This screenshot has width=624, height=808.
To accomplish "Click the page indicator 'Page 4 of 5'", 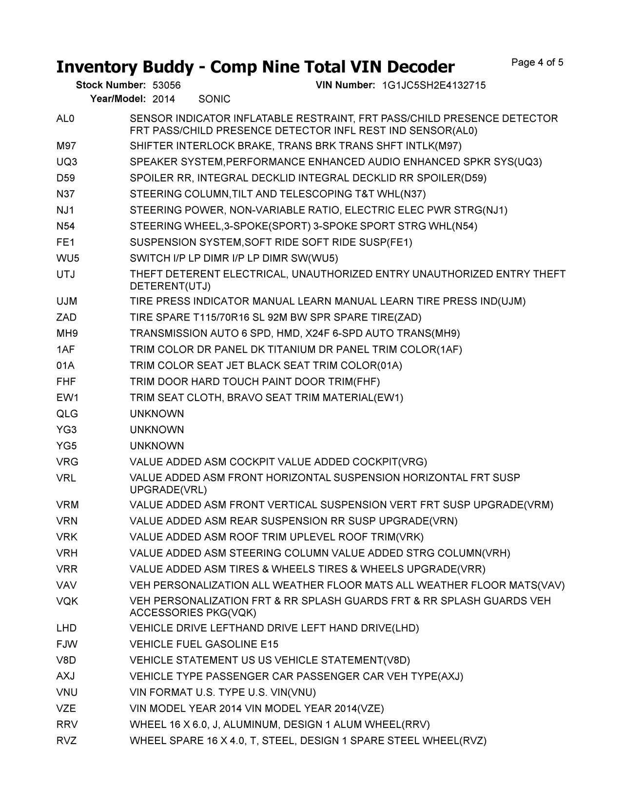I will [537, 62].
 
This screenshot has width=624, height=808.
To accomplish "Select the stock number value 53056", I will [166, 85].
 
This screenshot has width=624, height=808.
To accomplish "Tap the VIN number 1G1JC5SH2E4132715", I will [433, 85].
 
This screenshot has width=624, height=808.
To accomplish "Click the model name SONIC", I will [214, 99].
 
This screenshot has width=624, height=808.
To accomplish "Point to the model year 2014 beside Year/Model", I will [163, 99].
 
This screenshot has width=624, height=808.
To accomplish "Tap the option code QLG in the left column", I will [67, 414].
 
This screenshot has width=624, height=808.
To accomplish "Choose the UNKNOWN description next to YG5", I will [156, 446].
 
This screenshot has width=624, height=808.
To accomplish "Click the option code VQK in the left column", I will [67, 601].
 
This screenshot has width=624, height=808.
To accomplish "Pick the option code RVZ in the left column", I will [66, 741].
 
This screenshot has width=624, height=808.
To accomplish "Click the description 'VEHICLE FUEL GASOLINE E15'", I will [204, 644].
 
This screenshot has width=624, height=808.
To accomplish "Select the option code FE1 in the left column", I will [65, 242].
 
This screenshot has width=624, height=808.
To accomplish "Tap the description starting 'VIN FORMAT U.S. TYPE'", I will [222, 692].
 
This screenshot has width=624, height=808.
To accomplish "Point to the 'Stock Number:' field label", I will [111, 85].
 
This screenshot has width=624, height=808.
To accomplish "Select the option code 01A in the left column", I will [65, 366].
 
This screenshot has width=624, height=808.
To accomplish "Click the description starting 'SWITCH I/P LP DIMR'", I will [234, 258].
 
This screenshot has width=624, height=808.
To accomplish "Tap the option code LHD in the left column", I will [66, 628].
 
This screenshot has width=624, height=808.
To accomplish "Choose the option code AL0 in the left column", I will [65, 119].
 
